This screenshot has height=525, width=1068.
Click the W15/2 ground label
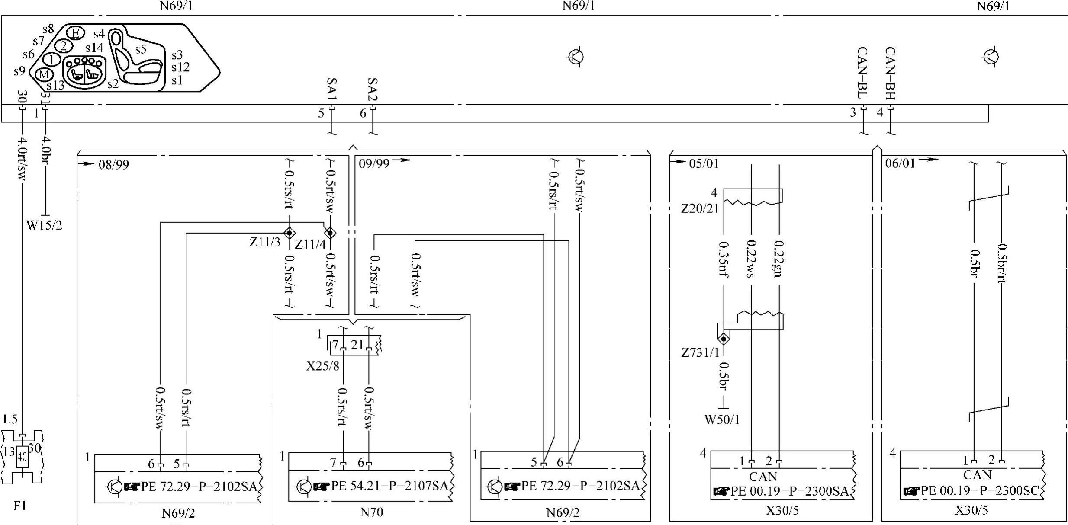pyautogui.click(x=44, y=225)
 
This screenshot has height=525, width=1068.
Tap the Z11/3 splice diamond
pyautogui.click(x=289, y=233)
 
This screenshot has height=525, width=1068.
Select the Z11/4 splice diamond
pyautogui.click(x=330, y=233)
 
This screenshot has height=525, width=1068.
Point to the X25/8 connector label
pyautogui.click(x=322, y=366)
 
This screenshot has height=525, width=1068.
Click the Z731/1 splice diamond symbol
pyautogui.click(x=723, y=339)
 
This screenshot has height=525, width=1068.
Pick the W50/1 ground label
pyautogui.click(x=722, y=419)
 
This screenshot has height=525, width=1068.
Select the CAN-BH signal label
pyautogui.click(x=890, y=74)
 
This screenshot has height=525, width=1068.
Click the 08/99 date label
pyautogui.click(x=113, y=165)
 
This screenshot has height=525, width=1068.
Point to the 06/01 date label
pyautogui.click(x=900, y=163)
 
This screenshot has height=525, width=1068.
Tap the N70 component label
pyautogui.click(x=371, y=512)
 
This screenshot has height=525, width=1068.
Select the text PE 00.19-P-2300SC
pyautogui.click(x=979, y=491)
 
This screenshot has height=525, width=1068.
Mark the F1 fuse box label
pyautogui.click(x=20, y=506)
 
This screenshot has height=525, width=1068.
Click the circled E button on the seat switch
pyautogui.click(x=75, y=33)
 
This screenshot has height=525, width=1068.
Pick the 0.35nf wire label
pyautogui.click(x=723, y=259)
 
